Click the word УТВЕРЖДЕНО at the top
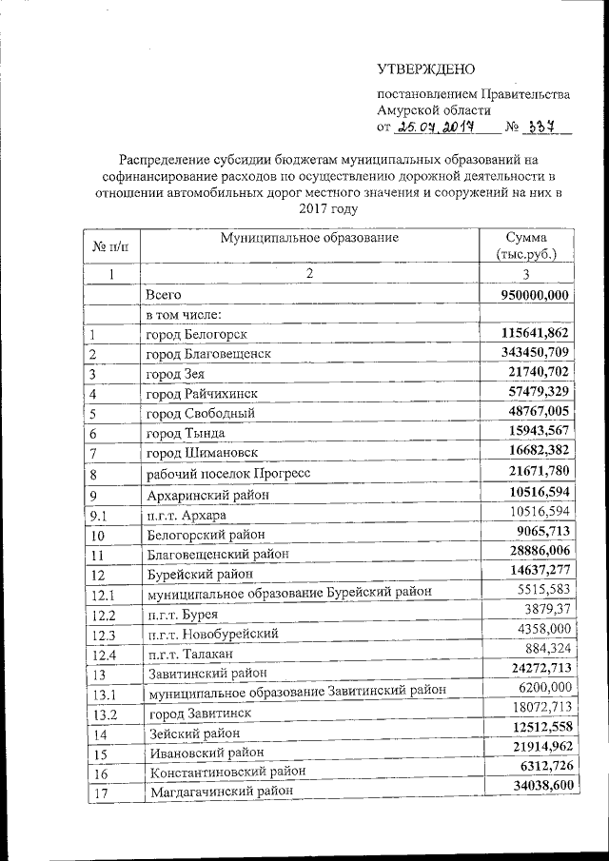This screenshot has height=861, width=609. coord(424,68)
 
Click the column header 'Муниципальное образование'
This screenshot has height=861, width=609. coord(308,237)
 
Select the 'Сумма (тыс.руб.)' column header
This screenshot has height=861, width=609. coord(526,245)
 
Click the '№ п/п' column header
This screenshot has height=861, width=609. coord(109,246)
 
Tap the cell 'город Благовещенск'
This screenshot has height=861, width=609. coord(208,353)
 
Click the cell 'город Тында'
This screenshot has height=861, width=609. coord(185,432)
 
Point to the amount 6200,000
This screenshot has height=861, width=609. coord(540,688)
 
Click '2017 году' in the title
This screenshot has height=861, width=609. coord(327,208)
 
